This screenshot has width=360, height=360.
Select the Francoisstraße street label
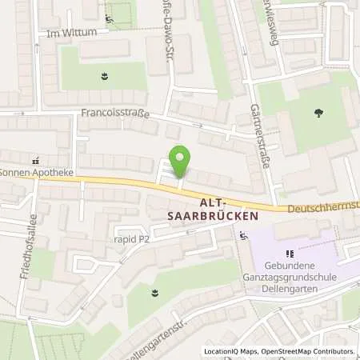(x=114, y=114)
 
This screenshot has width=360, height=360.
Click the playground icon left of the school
(x=243, y=236)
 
